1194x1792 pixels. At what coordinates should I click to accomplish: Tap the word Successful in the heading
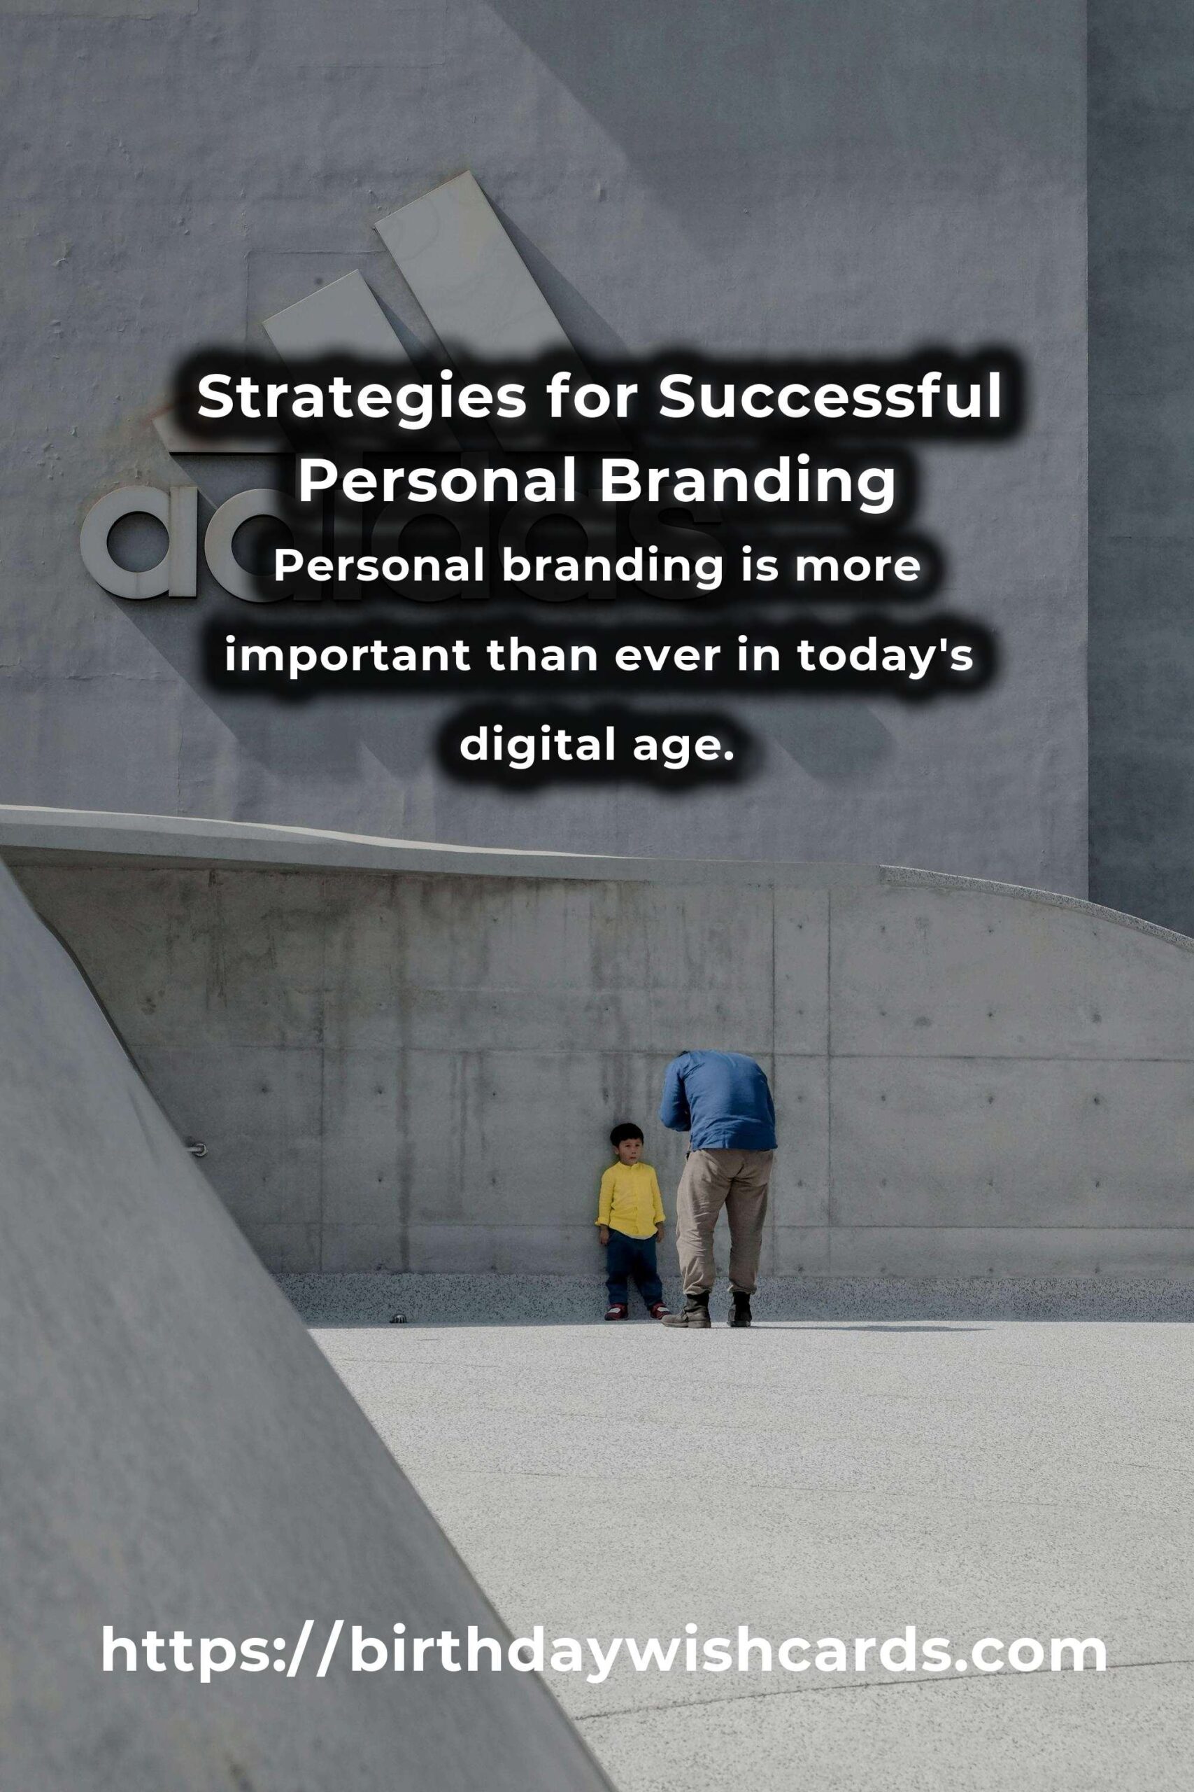pos(830,397)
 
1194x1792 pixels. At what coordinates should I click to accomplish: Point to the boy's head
pos(627,1143)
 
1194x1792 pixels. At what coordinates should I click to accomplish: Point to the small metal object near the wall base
pos(398,1317)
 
